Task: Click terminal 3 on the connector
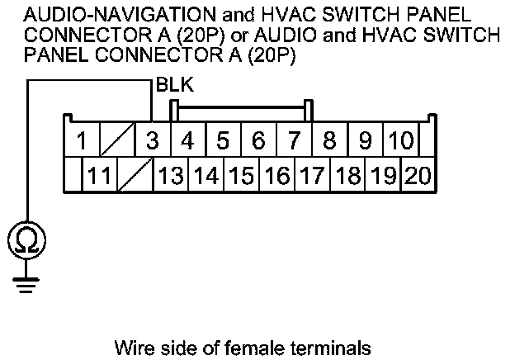click(x=152, y=140)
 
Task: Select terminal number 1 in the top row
click(x=81, y=140)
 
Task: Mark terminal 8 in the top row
click(x=329, y=140)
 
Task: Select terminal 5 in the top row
click(x=223, y=140)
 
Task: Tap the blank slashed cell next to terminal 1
click(x=116, y=140)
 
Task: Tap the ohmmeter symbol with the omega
click(x=27, y=240)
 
